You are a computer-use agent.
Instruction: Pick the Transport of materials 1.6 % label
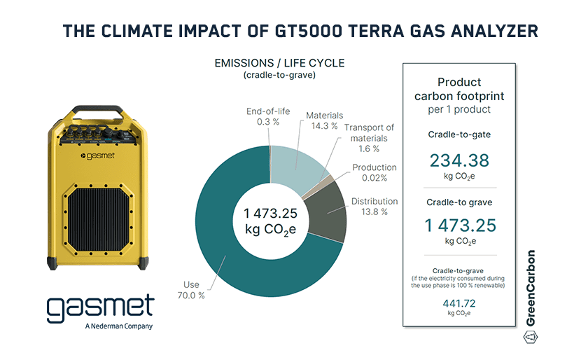click(369, 137)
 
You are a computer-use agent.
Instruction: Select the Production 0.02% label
click(374, 173)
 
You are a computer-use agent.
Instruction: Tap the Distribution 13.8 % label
click(374, 207)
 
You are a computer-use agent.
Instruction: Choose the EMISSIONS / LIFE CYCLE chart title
click(279, 63)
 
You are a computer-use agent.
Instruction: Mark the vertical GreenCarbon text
click(530, 288)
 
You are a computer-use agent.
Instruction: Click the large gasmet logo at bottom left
click(99, 308)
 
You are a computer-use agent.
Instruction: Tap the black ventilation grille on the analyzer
click(99, 213)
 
